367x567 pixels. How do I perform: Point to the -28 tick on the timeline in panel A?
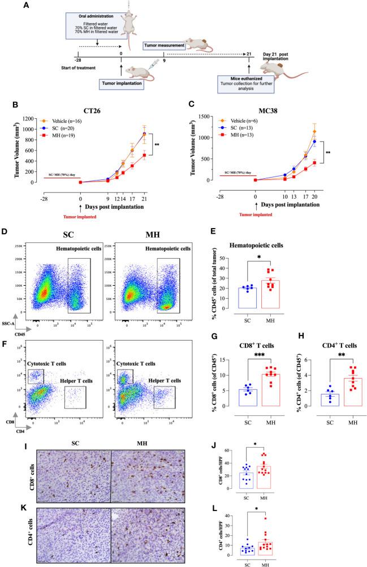[79, 59]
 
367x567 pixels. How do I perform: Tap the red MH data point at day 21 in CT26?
[145, 155]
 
